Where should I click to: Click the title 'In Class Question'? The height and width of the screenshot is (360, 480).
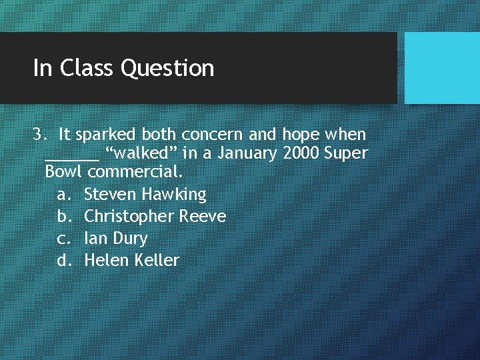(123, 68)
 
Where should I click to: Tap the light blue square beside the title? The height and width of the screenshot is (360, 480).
(442, 68)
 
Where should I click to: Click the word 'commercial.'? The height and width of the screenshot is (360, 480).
(135, 172)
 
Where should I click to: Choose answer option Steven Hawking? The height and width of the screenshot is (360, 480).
(145, 195)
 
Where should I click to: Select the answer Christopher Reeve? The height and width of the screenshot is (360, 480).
(155, 217)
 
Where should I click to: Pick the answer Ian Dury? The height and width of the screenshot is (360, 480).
(116, 239)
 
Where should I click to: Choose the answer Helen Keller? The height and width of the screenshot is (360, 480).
(132, 260)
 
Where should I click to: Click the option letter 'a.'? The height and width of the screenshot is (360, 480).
(64, 195)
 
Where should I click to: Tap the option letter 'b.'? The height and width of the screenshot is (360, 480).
(64, 217)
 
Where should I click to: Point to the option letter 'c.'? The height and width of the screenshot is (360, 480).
(64, 239)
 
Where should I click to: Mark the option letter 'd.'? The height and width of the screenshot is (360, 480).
(64, 260)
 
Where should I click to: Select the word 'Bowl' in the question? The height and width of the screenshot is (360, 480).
(63, 172)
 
